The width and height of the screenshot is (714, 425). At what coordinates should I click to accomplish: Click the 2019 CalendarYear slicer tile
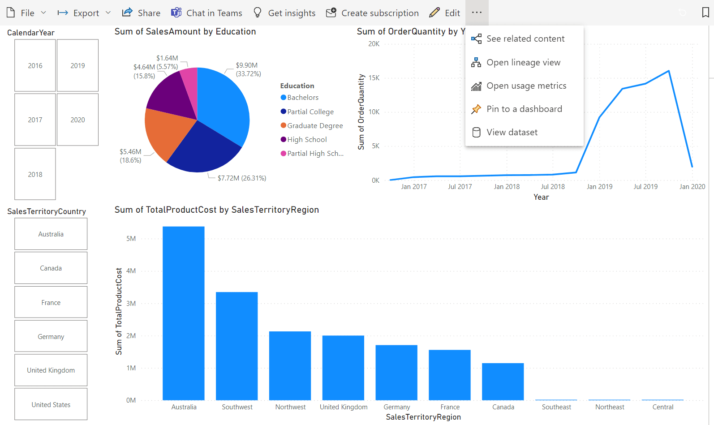(x=77, y=65)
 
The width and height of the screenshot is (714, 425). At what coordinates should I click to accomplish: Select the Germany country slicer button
(x=51, y=336)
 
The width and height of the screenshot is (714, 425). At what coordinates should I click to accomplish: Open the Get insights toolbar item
(x=284, y=13)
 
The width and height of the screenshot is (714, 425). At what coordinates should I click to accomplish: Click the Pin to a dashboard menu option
(x=524, y=109)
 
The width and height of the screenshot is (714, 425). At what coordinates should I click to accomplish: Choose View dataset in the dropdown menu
(x=512, y=132)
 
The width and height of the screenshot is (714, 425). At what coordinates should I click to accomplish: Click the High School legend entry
(x=307, y=139)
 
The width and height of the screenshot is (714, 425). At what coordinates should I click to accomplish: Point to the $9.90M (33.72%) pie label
(x=248, y=69)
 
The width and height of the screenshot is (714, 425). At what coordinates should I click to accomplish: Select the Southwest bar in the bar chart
(x=237, y=345)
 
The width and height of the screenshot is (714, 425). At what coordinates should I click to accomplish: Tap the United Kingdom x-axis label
(x=344, y=407)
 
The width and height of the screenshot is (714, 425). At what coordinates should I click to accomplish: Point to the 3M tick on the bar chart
(x=131, y=303)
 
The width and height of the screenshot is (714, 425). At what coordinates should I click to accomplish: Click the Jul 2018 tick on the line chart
(x=553, y=186)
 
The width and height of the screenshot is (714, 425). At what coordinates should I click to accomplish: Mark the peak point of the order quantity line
(x=669, y=71)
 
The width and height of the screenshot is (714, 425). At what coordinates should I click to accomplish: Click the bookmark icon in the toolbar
(x=705, y=13)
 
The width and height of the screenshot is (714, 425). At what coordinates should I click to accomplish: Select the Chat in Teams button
(x=206, y=13)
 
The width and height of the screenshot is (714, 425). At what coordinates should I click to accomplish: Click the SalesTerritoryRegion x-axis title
(x=423, y=417)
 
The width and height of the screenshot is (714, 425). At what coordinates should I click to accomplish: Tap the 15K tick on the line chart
(x=374, y=78)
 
